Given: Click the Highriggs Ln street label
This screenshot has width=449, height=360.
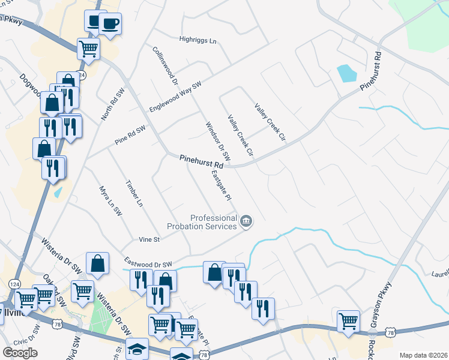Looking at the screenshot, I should click(197, 40).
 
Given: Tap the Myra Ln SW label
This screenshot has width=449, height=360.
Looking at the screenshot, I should click(110, 200).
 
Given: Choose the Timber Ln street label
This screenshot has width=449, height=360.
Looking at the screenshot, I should click(134, 193).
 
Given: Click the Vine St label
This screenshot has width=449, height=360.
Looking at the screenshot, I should click(148, 239).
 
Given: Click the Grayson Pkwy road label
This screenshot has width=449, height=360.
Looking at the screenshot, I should click(381, 302).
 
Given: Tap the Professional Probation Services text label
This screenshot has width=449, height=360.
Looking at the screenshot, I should click(213, 222).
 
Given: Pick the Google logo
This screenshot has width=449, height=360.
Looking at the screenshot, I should click(19, 353).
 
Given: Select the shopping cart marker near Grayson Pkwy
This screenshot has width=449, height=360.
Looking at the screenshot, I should click(348, 320).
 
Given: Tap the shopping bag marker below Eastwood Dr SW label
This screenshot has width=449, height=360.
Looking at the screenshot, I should click(97, 263).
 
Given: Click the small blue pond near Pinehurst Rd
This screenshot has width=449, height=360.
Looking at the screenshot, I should click(346, 73).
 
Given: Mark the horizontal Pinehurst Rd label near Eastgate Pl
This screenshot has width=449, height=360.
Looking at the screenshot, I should click(201, 161).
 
